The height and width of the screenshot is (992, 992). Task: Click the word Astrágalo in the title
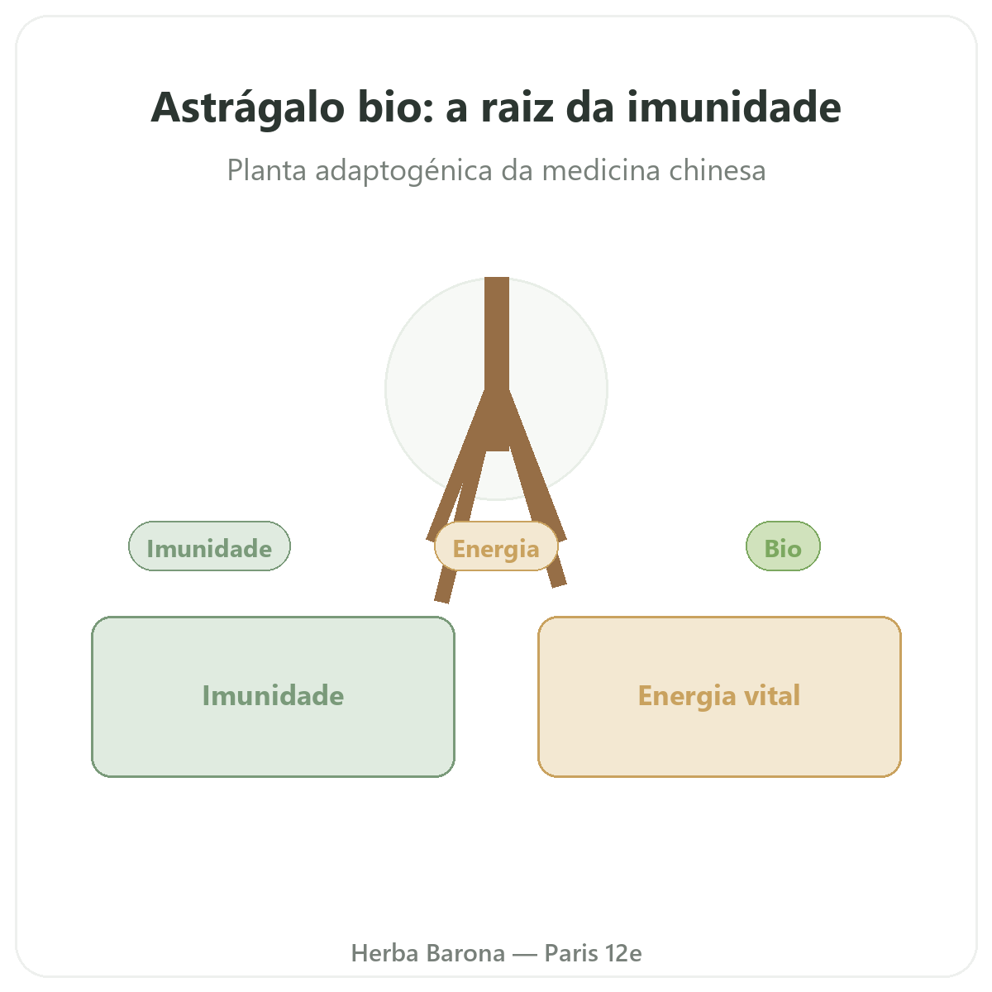click(x=248, y=108)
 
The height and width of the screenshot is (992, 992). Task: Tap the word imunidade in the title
click(x=733, y=107)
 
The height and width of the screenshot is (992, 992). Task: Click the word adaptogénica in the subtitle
click(x=403, y=171)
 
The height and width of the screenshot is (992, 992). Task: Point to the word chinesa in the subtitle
click(x=717, y=170)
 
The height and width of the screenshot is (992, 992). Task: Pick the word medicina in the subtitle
click(x=601, y=170)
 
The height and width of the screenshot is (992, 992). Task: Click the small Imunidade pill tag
click(x=209, y=546)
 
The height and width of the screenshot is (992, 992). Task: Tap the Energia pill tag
click(x=496, y=546)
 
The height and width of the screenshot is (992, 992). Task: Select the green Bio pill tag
click(x=783, y=546)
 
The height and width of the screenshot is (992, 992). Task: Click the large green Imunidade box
click(x=273, y=697)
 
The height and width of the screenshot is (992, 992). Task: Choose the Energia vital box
click(x=718, y=697)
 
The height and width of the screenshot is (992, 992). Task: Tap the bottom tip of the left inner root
click(x=441, y=601)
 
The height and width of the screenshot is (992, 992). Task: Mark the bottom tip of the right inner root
click(x=559, y=584)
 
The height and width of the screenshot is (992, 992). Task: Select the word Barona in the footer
click(x=465, y=953)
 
